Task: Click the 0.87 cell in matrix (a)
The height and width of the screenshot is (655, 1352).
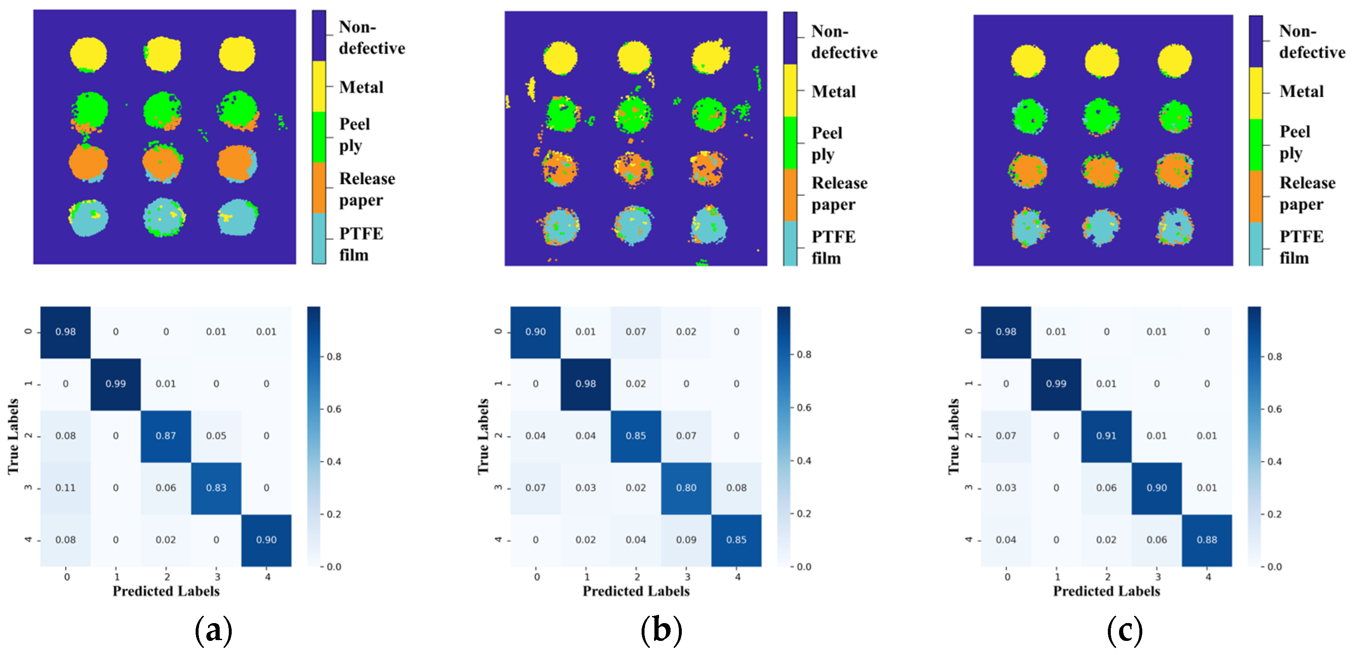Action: click(x=166, y=436)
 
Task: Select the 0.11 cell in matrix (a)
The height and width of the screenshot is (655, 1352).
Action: click(x=65, y=488)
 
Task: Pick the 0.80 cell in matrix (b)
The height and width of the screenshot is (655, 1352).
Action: click(x=686, y=488)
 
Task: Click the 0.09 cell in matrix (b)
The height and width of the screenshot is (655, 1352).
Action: click(x=686, y=539)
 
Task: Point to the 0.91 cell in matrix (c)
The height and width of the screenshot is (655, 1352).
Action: click(x=1106, y=436)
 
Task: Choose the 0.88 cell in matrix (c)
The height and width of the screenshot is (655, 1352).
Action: click(x=1207, y=539)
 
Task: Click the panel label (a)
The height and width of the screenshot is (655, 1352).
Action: click(x=213, y=630)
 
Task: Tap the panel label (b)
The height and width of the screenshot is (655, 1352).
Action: click(x=661, y=630)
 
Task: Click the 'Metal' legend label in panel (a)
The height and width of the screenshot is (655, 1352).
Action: click(x=361, y=87)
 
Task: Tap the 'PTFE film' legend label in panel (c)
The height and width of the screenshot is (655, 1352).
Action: click(x=1301, y=247)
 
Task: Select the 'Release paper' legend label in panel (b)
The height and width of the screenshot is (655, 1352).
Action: click(x=839, y=194)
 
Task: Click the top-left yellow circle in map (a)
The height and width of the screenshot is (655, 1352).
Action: click(x=89, y=54)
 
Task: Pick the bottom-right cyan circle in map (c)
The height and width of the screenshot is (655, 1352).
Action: click(x=1176, y=227)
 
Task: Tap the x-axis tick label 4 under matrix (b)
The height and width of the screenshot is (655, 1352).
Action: click(x=737, y=577)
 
